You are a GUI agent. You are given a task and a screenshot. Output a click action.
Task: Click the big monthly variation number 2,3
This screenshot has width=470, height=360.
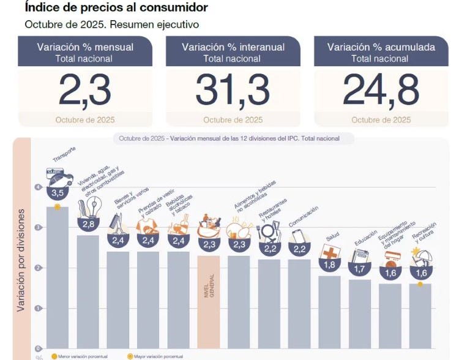84,91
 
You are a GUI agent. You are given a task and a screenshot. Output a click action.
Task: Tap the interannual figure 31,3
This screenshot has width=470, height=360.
233,91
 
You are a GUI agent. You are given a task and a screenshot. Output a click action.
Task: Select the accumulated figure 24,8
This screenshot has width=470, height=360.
381,91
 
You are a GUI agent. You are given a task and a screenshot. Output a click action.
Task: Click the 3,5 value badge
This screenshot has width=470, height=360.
58,193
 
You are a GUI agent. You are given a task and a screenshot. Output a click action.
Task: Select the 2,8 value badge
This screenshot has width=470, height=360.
88,224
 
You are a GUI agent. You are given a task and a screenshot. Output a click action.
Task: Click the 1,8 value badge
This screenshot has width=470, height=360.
329,265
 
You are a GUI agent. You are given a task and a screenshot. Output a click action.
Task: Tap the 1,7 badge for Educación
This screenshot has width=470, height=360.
359,268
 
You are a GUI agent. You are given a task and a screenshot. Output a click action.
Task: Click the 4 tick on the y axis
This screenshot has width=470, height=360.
39,187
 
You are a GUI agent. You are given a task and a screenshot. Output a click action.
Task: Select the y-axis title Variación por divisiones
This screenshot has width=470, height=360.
21,260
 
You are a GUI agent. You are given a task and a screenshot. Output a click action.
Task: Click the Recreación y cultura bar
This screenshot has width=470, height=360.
419,315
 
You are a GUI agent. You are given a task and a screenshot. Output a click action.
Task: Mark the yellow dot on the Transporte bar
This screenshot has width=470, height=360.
58,207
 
